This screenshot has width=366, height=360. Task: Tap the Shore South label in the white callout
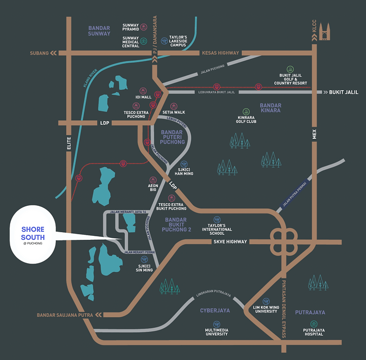[33, 234]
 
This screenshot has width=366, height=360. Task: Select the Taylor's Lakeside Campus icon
[164, 42]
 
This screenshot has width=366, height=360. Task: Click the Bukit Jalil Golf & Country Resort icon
[290, 69]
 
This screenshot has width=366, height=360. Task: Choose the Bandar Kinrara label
[270, 108]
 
